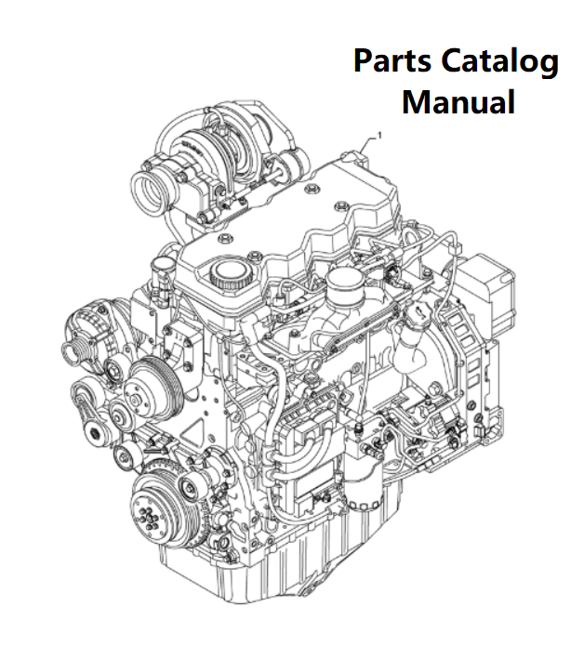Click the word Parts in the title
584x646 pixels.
click(x=393, y=60)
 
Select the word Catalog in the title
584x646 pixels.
click(x=500, y=62)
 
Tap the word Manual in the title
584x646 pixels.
click(x=458, y=101)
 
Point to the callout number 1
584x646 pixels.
click(x=379, y=135)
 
